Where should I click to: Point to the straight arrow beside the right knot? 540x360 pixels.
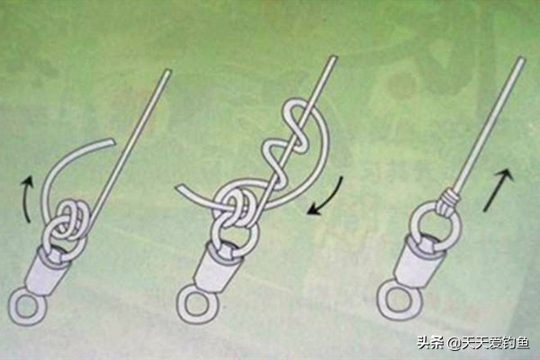[x=499, y=189]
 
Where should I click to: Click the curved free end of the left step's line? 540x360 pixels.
[x=110, y=141]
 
